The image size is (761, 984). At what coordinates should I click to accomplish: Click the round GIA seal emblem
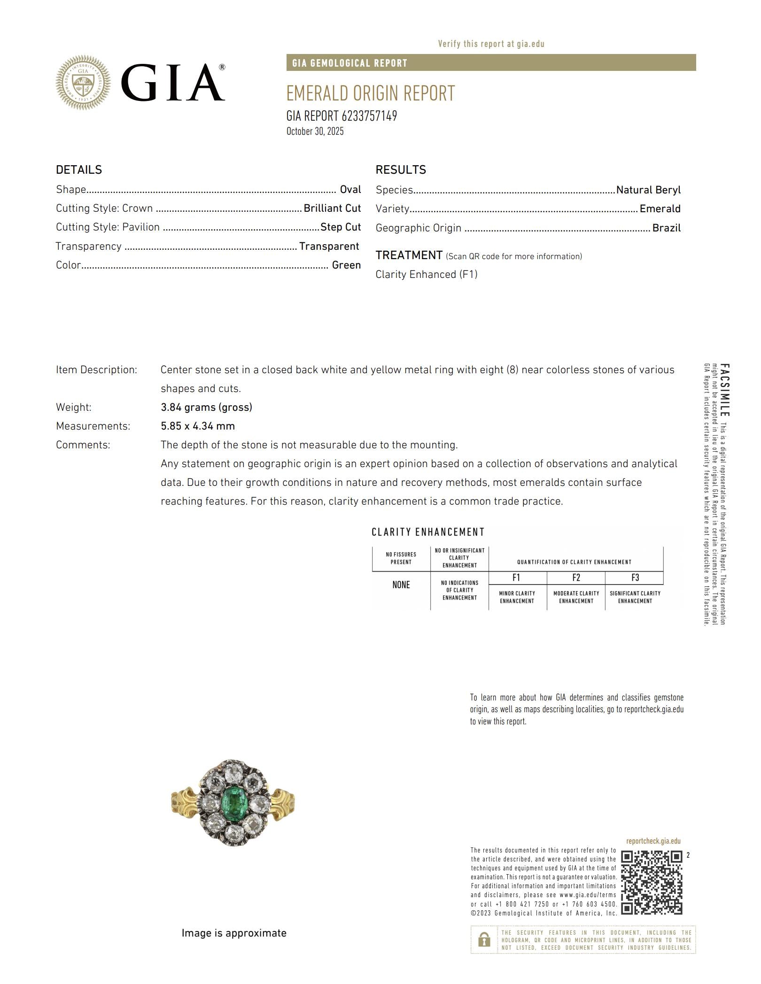click(83, 83)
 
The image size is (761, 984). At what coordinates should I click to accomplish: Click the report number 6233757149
click(369, 116)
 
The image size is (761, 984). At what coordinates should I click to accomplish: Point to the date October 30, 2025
click(315, 131)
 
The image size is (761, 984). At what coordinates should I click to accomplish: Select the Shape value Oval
click(350, 190)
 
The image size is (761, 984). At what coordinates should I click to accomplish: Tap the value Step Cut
click(340, 227)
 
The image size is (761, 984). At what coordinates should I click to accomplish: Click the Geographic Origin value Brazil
click(666, 228)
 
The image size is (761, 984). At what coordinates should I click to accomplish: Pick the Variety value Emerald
click(660, 209)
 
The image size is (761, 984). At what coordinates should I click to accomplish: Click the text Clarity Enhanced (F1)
click(426, 275)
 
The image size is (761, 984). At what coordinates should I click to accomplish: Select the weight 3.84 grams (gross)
click(206, 407)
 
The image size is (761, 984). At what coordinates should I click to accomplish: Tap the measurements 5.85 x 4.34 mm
click(197, 426)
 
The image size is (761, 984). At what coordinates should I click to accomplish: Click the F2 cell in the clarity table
click(575, 578)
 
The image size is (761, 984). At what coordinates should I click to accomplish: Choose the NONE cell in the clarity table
click(401, 585)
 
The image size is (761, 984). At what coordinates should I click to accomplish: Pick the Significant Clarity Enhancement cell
click(635, 597)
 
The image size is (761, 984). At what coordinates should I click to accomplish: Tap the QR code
click(651, 883)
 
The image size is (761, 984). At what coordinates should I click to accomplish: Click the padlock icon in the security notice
click(483, 939)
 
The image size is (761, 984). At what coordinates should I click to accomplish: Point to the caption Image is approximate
click(234, 933)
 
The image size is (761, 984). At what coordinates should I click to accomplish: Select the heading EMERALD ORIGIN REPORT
click(370, 93)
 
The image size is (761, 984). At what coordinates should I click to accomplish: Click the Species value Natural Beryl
click(648, 190)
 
